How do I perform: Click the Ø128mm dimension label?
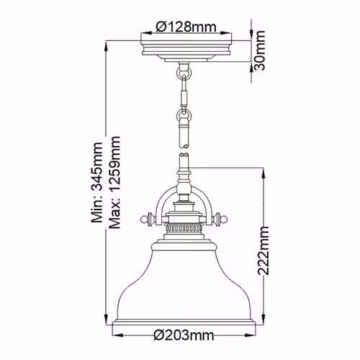click(x=186, y=27)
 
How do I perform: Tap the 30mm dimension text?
click(x=259, y=50)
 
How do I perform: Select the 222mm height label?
click(x=264, y=251)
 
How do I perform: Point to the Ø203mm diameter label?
click(x=184, y=335)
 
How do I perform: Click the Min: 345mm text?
click(x=97, y=182)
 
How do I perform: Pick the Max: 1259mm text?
click(x=114, y=182)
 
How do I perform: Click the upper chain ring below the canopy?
click(x=184, y=72)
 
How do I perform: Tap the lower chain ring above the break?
click(x=184, y=115)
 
